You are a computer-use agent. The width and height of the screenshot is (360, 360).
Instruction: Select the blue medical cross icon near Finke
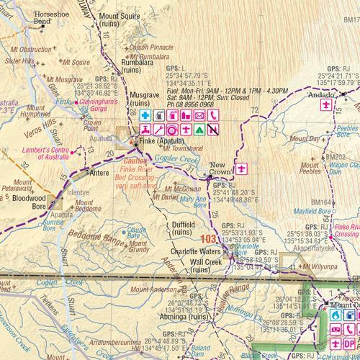145,115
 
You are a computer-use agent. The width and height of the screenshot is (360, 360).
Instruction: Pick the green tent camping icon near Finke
199,130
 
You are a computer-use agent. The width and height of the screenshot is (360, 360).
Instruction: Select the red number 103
210,238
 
